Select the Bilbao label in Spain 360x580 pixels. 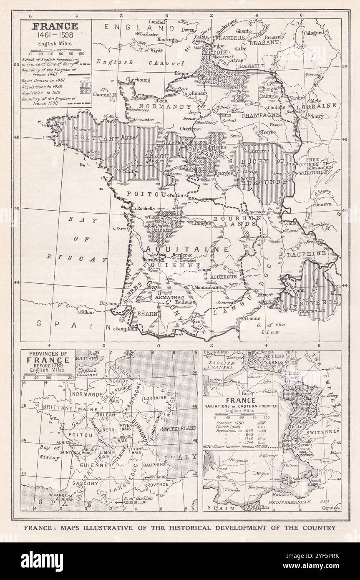[86, 311]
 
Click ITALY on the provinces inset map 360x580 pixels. [180, 458]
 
